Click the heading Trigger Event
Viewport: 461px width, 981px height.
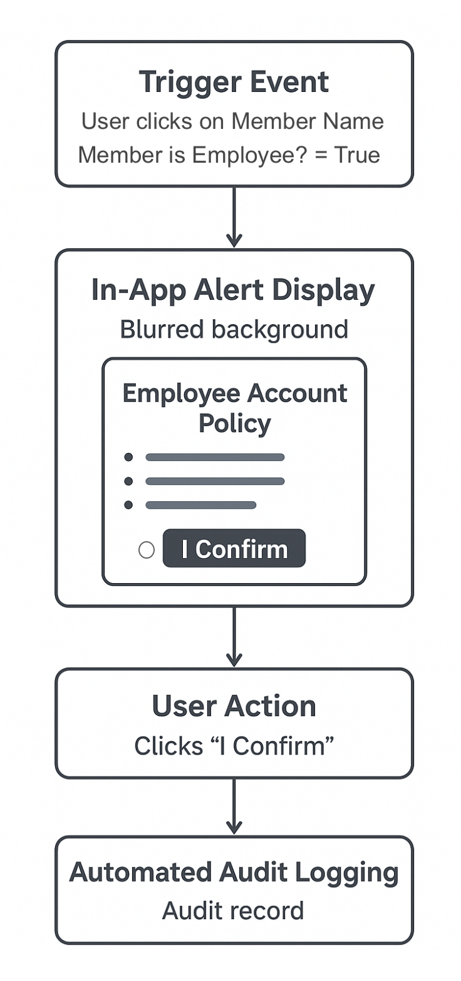(x=234, y=82)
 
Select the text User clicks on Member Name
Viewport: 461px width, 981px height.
(x=232, y=121)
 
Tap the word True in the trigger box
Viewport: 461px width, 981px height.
(x=357, y=155)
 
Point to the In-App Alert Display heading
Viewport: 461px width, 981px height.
(x=233, y=290)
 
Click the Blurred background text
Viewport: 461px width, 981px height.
(x=234, y=329)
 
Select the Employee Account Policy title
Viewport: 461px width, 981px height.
(x=234, y=408)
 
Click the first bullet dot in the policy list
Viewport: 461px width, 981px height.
(x=129, y=457)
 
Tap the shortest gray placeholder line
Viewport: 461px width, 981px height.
(x=200, y=505)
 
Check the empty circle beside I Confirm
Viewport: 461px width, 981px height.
(x=147, y=550)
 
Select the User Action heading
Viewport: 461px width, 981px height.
(x=234, y=706)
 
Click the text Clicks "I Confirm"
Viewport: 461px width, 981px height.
(x=234, y=745)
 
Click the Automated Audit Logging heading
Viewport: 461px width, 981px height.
(x=234, y=872)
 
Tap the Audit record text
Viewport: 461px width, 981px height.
(x=233, y=910)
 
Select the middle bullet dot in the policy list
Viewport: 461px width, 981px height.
(x=129, y=481)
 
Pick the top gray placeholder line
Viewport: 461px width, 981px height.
(x=215, y=457)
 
